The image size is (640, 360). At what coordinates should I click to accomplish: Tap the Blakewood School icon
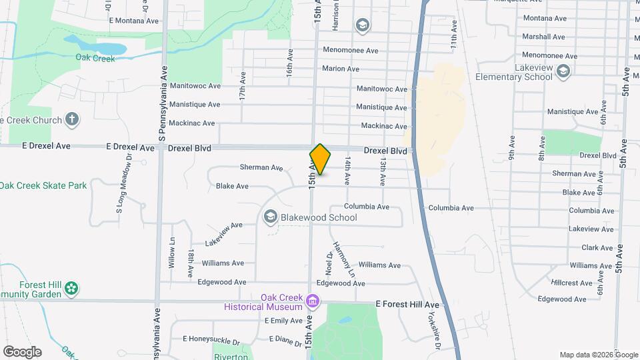271,217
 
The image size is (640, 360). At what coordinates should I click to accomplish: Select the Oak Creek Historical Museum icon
311,302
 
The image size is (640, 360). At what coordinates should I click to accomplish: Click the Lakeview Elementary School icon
563,71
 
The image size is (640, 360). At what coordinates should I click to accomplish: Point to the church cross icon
73,120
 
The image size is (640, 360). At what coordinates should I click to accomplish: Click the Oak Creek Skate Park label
43,185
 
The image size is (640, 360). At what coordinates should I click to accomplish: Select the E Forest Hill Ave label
407,304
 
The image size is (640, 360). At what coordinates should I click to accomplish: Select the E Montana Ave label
134,21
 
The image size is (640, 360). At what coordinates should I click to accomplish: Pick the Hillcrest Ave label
572,283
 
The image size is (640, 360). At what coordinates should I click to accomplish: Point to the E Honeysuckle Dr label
213,339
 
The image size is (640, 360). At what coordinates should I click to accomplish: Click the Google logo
22,352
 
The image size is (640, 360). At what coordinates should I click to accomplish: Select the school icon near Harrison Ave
362,26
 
